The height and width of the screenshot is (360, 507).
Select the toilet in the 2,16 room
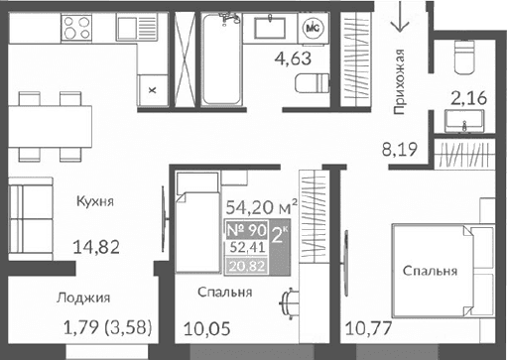click(x=463, y=58)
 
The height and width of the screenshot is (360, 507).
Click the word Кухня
click(x=95, y=202)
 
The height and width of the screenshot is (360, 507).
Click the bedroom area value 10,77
click(x=366, y=328)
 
